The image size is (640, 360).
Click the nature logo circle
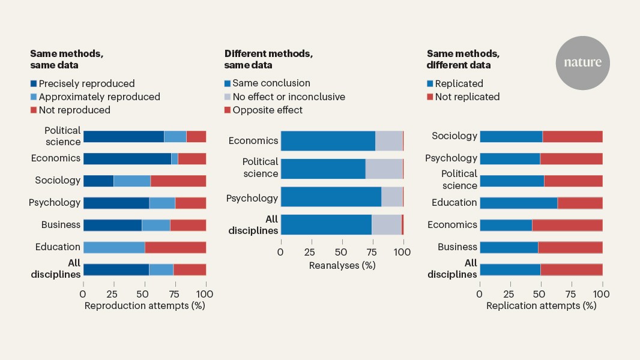pos(582,62)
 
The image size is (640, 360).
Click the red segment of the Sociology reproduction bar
pos(178,181)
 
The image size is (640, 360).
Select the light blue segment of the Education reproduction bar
pos(114,247)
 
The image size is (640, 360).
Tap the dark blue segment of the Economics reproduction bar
pos(127,158)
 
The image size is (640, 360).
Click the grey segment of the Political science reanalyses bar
pos(384,169)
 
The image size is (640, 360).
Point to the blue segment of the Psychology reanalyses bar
pos(331,197)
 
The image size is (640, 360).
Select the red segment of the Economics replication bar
pos(567,225)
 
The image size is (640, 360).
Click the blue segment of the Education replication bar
pos(518,203)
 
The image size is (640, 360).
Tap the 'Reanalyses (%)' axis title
pos(342,265)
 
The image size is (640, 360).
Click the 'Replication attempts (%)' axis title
pos(541,305)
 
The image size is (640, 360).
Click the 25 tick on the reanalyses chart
pos(310,253)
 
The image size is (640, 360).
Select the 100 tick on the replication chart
pos(602,294)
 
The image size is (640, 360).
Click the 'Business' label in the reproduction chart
pos(61,225)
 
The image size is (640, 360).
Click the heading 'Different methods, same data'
pos(268,59)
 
